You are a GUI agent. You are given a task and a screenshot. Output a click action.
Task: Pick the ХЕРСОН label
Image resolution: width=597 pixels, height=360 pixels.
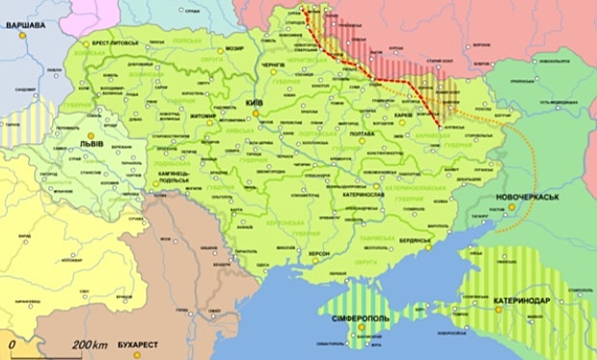pos(318,254)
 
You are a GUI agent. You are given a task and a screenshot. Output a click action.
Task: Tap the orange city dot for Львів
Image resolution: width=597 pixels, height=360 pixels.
pos(90,136)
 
